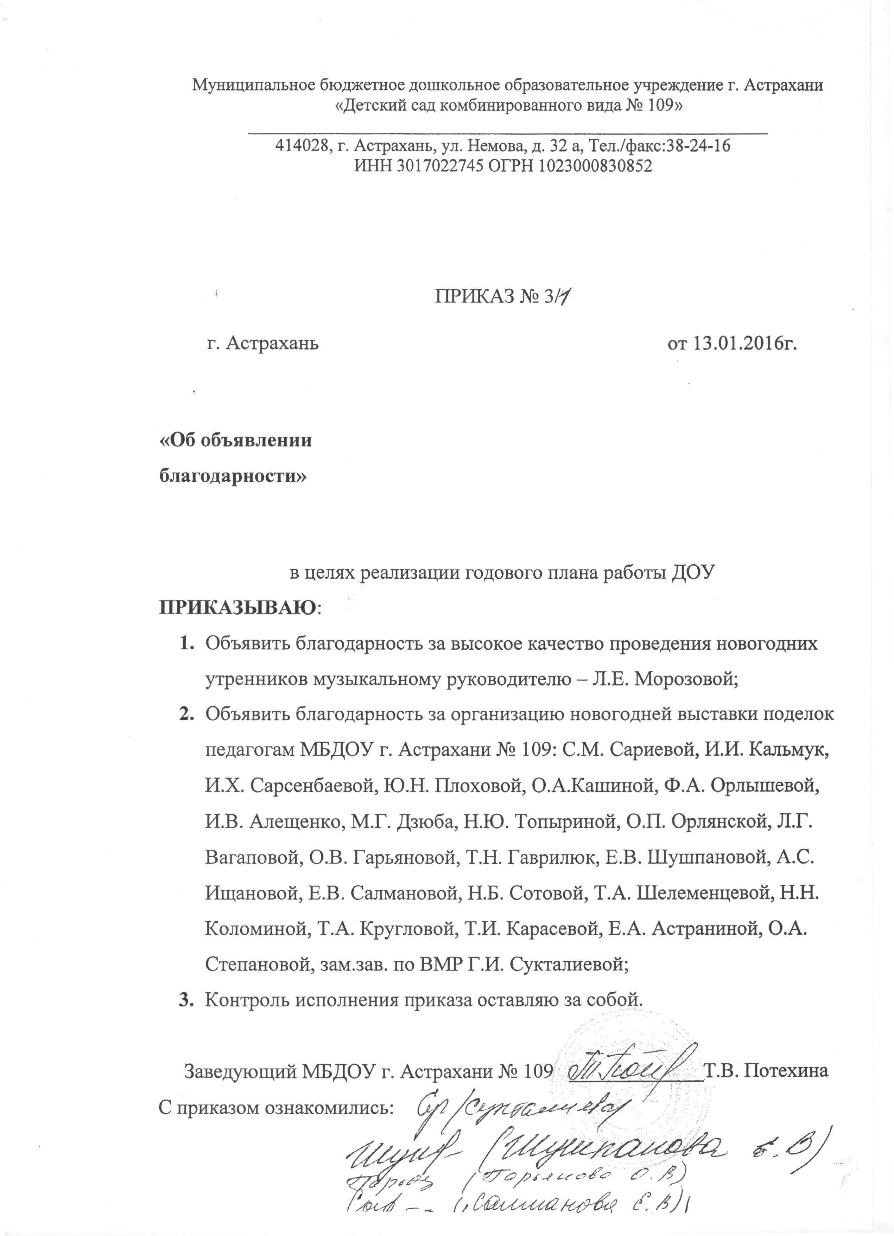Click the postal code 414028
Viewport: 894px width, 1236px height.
click(x=302, y=146)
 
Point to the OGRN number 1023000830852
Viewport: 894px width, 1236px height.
click(x=596, y=166)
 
